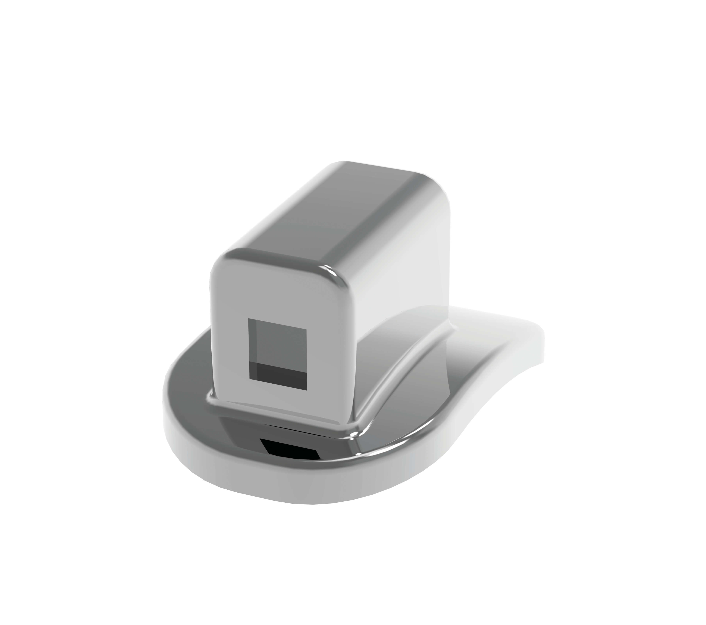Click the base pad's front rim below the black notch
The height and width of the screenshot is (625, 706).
290,483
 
